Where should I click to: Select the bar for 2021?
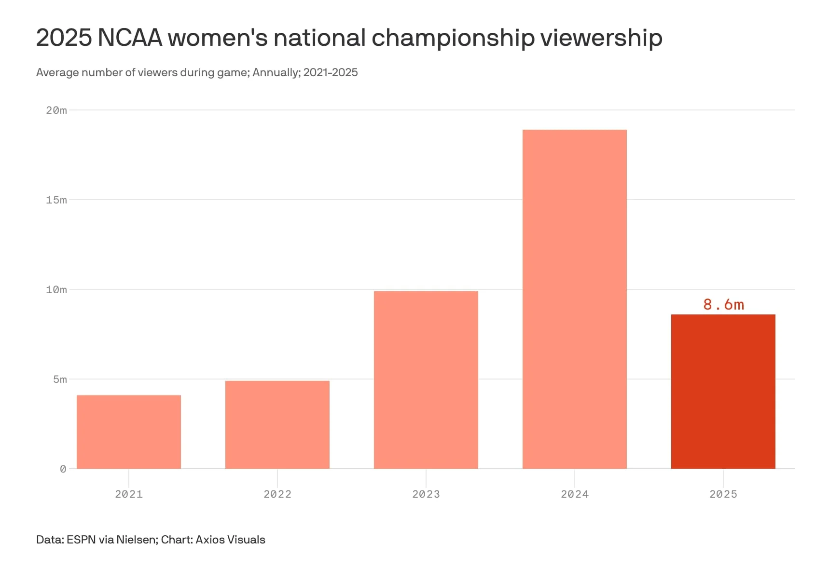tap(129, 432)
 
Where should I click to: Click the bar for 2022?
tap(277, 424)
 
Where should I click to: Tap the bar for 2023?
tap(426, 380)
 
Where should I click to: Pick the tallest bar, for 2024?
tap(575, 299)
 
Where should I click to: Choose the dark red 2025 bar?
tap(723, 391)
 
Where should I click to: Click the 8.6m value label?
tap(723, 305)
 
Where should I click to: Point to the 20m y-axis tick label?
tap(56, 110)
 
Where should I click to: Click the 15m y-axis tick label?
tap(56, 200)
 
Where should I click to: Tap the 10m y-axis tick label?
tap(56, 290)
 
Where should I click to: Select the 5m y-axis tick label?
tap(60, 380)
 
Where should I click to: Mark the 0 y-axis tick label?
tap(63, 469)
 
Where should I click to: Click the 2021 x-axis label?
tap(129, 494)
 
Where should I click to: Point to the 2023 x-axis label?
tap(426, 494)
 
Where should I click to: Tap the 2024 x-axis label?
tap(575, 494)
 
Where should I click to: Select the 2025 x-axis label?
tap(723, 494)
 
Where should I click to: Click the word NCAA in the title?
tap(130, 38)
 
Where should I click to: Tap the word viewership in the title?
tap(601, 38)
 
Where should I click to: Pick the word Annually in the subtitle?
tap(274, 72)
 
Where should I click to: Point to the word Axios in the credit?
tap(210, 540)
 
